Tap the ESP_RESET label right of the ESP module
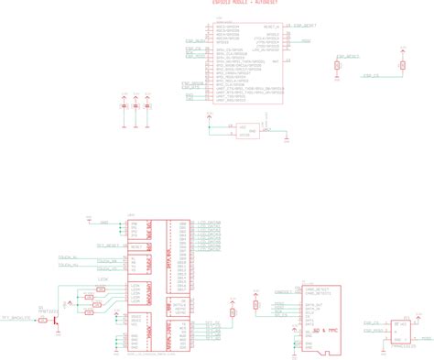click(306, 27)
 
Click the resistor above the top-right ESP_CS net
click(401, 65)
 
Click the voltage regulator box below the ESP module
click(244, 130)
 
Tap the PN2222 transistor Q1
click(56, 318)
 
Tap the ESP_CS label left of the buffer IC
click(371, 322)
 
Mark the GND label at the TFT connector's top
click(103, 223)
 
